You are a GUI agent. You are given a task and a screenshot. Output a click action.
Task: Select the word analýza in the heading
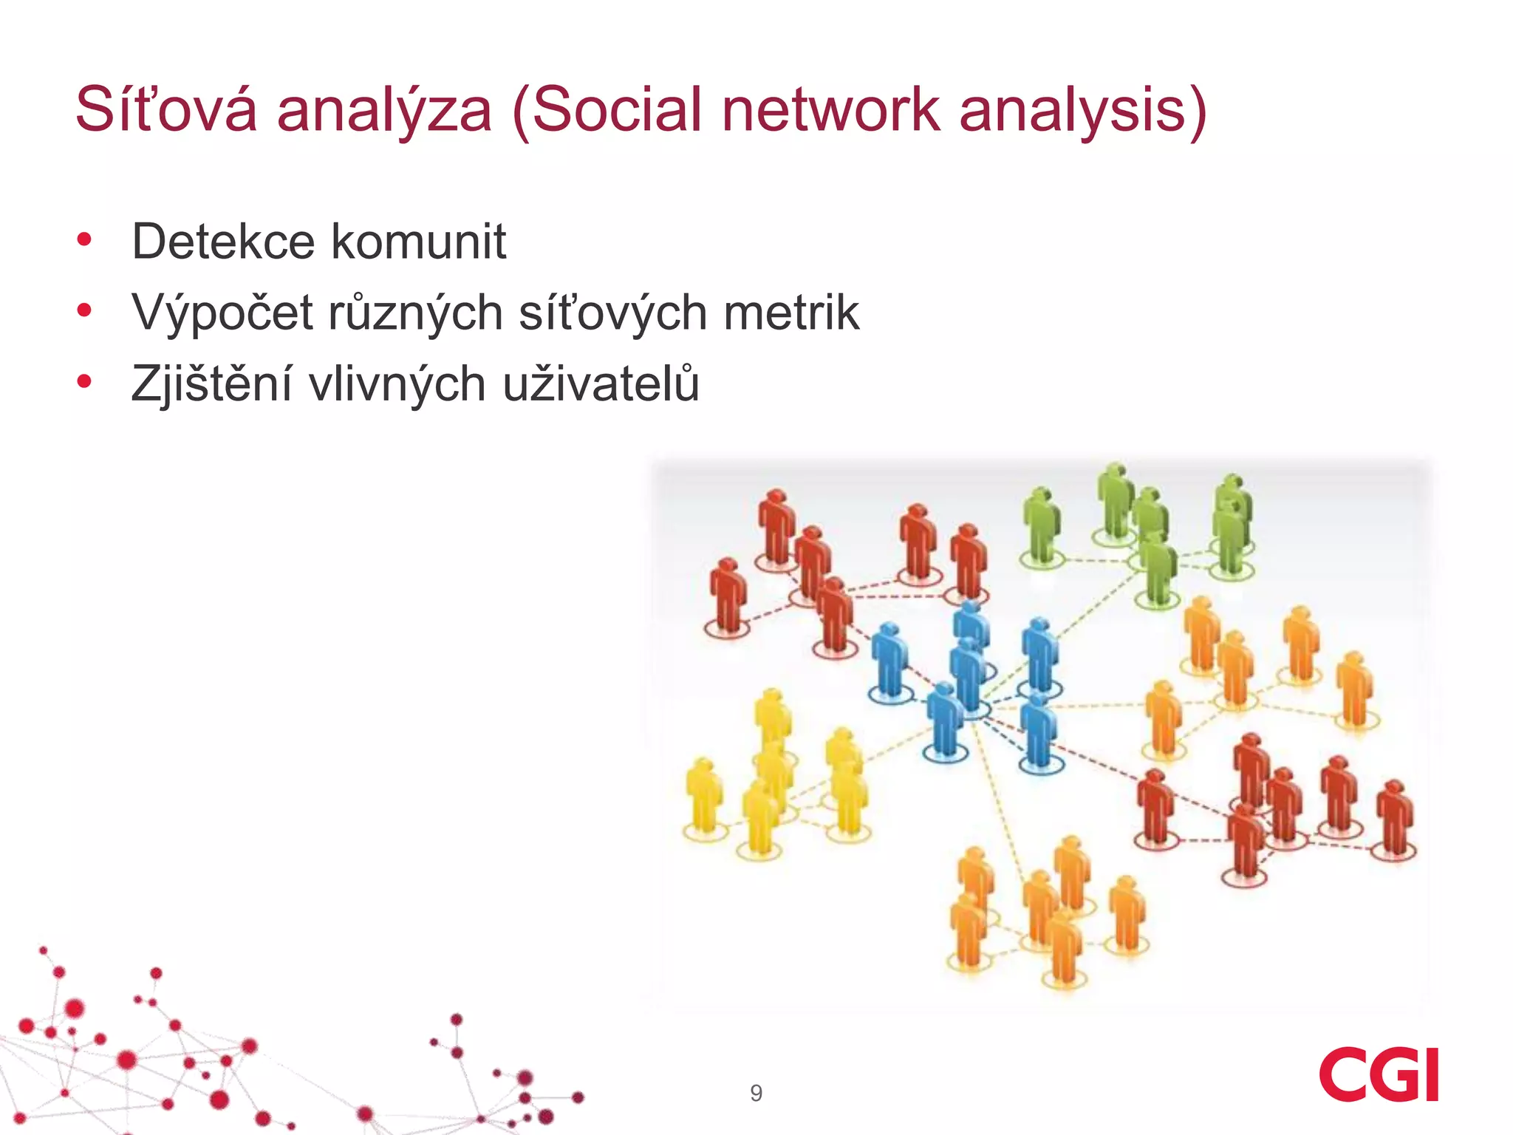pyautogui.click(x=384, y=111)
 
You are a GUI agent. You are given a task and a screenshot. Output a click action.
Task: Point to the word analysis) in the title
pyautogui.click(x=1082, y=111)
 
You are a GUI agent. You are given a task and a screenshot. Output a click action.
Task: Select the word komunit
pyautogui.click(x=418, y=242)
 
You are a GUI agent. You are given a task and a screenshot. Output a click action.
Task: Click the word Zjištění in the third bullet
pyautogui.click(x=211, y=384)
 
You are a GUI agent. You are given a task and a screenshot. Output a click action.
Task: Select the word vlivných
pyautogui.click(x=397, y=384)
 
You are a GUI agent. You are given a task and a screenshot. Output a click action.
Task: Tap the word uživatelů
pyautogui.click(x=601, y=384)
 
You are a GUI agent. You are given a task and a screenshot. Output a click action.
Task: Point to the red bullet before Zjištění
pyautogui.click(x=84, y=382)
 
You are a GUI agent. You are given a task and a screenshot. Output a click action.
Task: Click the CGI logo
pyautogui.click(x=1379, y=1074)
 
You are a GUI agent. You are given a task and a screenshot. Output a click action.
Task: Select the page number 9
pyautogui.click(x=756, y=1093)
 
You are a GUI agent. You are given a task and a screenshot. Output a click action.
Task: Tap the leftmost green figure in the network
pyautogui.click(x=1041, y=525)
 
